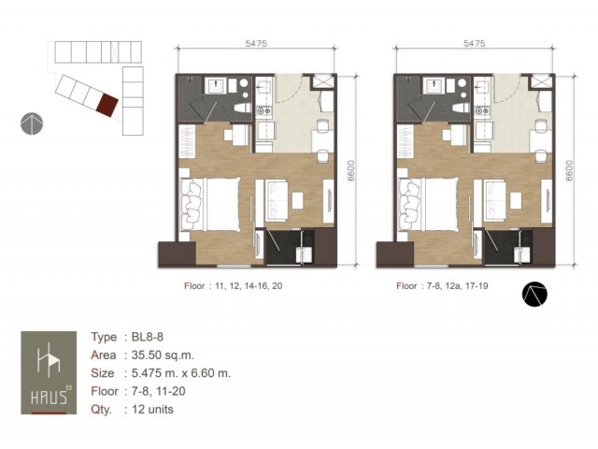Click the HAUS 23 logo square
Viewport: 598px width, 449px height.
(49, 372)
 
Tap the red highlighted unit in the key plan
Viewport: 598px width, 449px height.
(107, 105)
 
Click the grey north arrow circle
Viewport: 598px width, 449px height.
(32, 123)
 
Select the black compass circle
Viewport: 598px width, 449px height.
(534, 295)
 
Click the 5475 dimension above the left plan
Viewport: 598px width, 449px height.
(256, 43)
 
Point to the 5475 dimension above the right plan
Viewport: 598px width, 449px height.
(474, 43)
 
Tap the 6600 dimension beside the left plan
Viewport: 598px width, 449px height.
(351, 170)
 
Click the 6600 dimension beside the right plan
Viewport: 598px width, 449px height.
(569, 170)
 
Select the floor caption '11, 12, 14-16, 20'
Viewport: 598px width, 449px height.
(249, 286)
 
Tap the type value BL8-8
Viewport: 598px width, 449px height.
(148, 337)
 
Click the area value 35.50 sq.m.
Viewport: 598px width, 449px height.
(163, 355)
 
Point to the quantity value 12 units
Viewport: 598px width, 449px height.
(152, 410)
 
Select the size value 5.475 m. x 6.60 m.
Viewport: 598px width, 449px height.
(181, 373)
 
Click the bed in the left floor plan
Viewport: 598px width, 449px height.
(209, 205)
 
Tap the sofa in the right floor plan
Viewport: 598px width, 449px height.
(494, 200)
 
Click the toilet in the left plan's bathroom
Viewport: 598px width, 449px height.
(242, 108)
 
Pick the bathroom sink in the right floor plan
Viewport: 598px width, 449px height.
(434, 86)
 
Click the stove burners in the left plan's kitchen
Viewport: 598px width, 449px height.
(263, 110)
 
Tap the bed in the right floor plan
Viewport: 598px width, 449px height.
(428, 205)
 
